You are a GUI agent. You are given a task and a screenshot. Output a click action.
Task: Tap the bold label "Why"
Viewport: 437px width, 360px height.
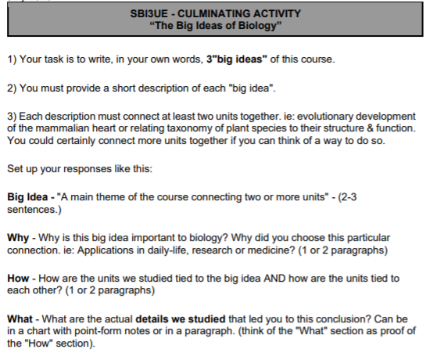coord(18,236)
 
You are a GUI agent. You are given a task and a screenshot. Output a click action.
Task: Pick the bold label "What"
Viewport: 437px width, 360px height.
coord(20,319)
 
